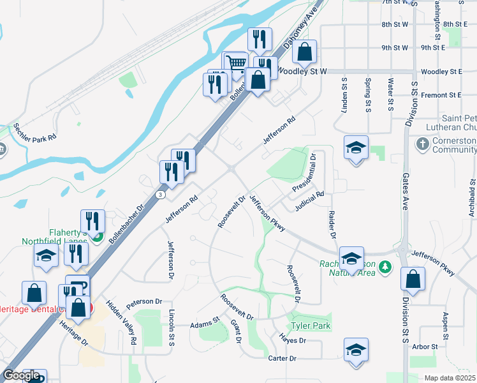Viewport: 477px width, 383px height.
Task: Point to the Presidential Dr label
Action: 304,173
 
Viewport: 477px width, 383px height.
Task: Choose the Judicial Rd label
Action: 310,202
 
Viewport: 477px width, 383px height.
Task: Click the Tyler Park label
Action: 310,326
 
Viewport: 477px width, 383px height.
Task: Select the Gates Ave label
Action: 404,195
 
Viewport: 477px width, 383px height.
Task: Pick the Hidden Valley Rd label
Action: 121,323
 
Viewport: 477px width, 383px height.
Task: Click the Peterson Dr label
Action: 144,301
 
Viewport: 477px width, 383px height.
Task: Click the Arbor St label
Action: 425,347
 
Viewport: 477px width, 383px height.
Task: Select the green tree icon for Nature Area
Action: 385,266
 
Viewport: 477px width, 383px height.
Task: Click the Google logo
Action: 22,375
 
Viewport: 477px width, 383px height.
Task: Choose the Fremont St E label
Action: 441,95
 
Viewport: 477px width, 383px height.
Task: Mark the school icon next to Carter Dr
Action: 355,350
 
